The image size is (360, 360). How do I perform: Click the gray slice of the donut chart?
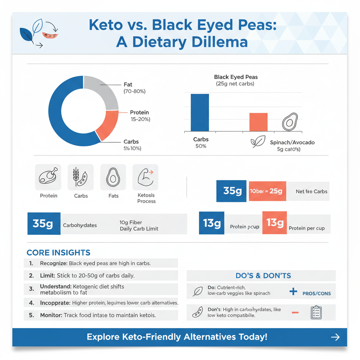(x=104, y=90)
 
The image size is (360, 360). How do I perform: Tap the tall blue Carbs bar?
(x=200, y=112)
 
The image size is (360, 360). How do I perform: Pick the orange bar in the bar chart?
(x=258, y=122)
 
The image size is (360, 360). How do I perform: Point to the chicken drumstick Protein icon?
(x=48, y=177)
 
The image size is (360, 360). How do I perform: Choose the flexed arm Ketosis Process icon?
(x=146, y=177)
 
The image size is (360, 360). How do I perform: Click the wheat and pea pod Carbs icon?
(x=81, y=177)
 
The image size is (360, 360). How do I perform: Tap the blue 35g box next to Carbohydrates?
(x=44, y=224)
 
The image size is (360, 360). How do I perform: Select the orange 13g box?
(x=275, y=223)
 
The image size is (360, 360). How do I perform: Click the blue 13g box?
(x=212, y=223)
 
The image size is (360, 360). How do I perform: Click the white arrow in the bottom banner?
(x=335, y=337)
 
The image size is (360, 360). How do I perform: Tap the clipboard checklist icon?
(x=316, y=312)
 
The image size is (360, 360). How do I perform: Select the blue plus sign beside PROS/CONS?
(x=293, y=291)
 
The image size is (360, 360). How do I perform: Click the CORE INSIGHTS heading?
(x=58, y=253)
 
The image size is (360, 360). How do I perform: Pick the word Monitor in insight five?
(x=51, y=315)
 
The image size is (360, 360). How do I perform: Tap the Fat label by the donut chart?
(x=128, y=85)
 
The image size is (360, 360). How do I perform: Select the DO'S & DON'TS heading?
(x=263, y=276)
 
